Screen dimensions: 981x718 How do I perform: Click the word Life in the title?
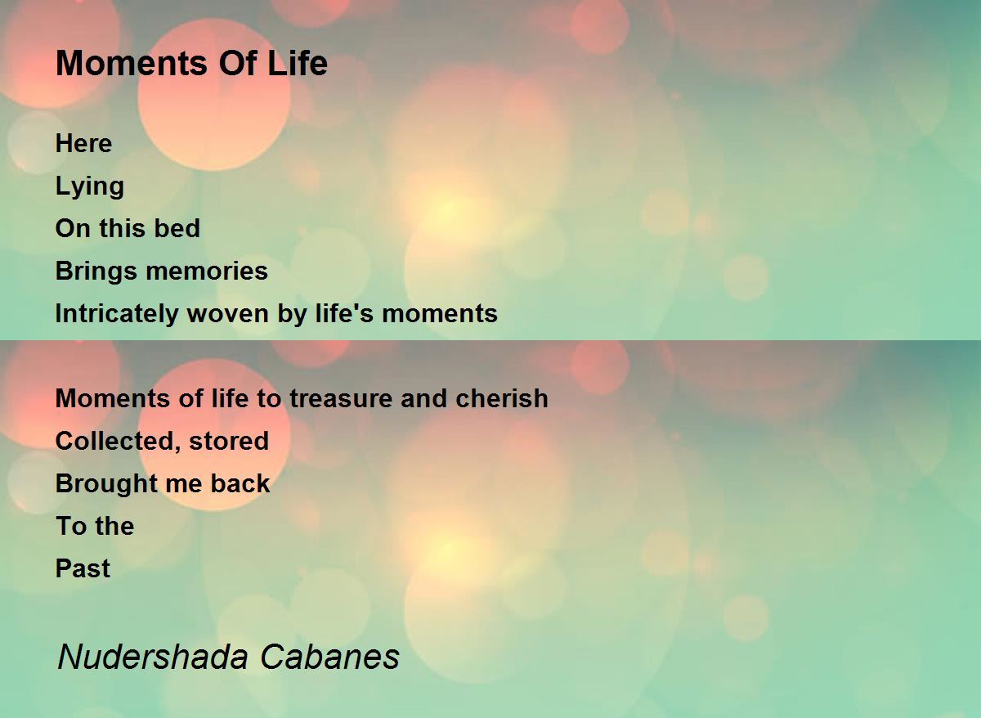(x=298, y=63)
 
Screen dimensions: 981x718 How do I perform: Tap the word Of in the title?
(x=238, y=63)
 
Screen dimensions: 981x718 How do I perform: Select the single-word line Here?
(x=83, y=143)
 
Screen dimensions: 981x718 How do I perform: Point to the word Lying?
(x=90, y=187)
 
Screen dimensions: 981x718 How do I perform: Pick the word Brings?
(x=96, y=271)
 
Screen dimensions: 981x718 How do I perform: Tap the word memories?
(x=207, y=271)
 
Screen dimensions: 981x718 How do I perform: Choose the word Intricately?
(x=117, y=314)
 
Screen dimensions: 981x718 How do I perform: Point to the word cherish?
(x=502, y=398)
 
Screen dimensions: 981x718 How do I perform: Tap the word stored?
(x=229, y=441)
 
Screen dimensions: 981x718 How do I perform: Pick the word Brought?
(x=106, y=484)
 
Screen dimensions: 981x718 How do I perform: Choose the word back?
(x=240, y=483)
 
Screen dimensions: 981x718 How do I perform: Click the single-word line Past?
(x=83, y=568)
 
